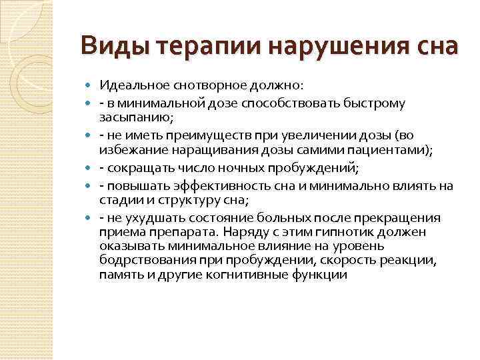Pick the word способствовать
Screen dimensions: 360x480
point(286,103)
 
